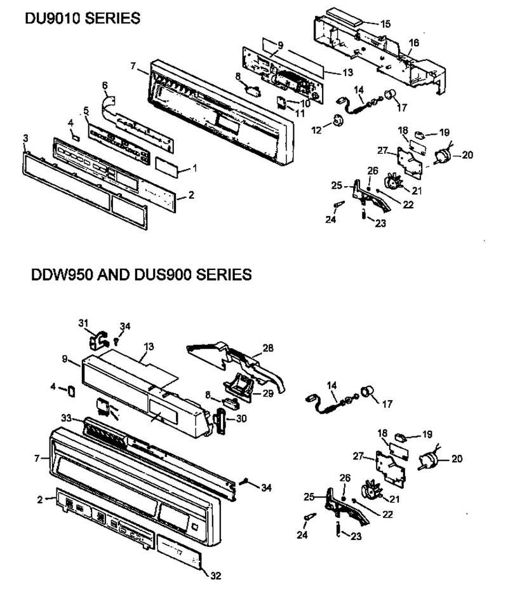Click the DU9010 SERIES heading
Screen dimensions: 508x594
(x=83, y=18)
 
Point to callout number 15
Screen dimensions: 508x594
(x=385, y=24)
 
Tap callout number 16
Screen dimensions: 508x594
(x=414, y=43)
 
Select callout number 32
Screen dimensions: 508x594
(x=215, y=576)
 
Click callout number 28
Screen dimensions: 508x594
(x=268, y=348)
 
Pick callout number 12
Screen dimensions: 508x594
(x=316, y=130)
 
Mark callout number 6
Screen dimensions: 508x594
(x=105, y=85)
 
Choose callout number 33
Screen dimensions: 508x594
(x=67, y=418)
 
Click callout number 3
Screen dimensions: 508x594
(x=25, y=138)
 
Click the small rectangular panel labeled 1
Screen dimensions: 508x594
(x=167, y=167)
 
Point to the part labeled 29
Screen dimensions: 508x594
(x=237, y=385)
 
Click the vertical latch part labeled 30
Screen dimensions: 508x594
(x=219, y=421)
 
